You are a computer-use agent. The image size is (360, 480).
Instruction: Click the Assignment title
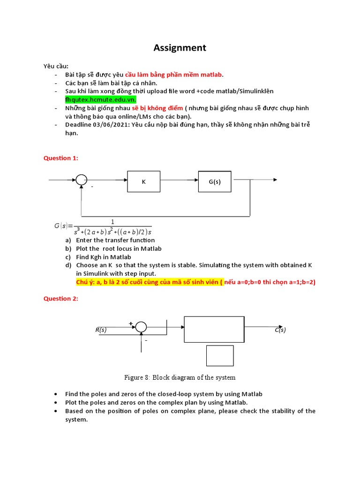click(180, 48)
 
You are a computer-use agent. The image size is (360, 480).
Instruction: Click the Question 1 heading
click(61, 158)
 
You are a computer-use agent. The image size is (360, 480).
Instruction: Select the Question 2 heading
click(61, 299)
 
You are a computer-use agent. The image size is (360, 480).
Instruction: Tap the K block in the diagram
click(144, 181)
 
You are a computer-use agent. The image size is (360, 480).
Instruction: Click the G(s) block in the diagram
click(215, 181)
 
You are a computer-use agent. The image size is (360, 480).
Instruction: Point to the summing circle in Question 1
click(82, 180)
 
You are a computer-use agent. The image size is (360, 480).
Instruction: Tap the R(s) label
click(101, 330)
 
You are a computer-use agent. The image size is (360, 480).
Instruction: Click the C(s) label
click(280, 330)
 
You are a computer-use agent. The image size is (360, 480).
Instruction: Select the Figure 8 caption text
click(180, 377)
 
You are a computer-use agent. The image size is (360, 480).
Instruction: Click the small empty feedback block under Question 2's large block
click(220, 356)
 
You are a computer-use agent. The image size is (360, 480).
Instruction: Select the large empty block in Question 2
click(214, 329)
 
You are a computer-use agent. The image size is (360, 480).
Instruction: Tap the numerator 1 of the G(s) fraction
click(112, 222)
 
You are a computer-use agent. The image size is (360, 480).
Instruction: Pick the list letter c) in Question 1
click(68, 257)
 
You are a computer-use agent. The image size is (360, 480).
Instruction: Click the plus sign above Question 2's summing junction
click(131, 323)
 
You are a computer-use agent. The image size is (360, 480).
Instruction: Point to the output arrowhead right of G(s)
click(275, 180)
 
